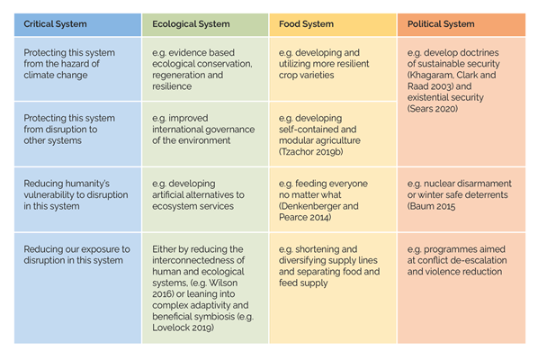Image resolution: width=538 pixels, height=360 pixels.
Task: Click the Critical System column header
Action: (77, 24)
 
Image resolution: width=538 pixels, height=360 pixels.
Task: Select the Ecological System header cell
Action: (205, 24)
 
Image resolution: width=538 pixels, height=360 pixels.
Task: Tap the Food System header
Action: (333, 24)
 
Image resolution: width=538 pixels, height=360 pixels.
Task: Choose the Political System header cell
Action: (462, 24)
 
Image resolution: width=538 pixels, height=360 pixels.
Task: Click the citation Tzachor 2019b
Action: (311, 152)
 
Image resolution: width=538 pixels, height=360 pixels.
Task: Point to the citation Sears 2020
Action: (433, 109)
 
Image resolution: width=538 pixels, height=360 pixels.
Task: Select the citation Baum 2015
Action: (431, 206)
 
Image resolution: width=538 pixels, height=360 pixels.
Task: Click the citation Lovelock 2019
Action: (183, 328)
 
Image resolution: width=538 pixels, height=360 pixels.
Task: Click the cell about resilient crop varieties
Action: (333, 69)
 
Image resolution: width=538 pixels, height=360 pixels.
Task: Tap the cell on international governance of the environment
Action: (205, 134)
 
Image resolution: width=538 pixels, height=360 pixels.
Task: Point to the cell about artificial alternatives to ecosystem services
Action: (205, 200)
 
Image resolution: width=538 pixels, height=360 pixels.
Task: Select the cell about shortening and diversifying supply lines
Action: (333, 288)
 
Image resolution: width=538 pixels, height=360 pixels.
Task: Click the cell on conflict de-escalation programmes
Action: (462, 288)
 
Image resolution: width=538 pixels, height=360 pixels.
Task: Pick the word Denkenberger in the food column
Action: (309, 206)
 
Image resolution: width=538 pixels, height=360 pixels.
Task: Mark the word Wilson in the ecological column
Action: (223, 283)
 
